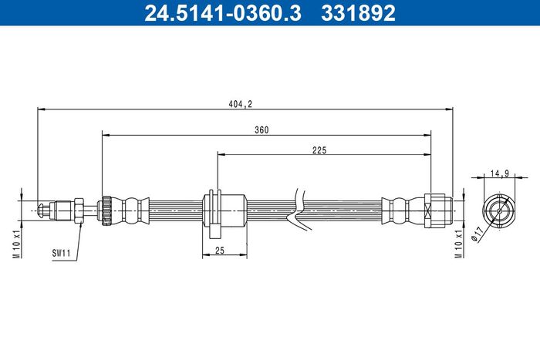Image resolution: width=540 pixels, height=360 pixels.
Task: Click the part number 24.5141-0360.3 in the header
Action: [x=223, y=13]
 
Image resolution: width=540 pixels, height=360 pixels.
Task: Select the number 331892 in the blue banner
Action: [x=358, y=13]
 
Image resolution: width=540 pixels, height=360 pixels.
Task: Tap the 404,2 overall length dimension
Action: [x=241, y=104]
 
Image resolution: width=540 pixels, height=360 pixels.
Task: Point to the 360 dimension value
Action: [x=262, y=130]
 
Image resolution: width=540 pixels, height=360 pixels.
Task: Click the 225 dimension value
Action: [x=319, y=150]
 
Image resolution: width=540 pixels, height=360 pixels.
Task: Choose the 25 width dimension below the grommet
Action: [x=220, y=251]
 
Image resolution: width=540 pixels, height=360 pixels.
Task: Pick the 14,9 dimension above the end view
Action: [x=500, y=173]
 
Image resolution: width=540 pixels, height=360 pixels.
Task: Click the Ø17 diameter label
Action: [x=476, y=236]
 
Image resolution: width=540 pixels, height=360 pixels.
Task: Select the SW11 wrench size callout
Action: [x=61, y=254]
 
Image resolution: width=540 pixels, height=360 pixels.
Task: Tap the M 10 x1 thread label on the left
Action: [x=17, y=244]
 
